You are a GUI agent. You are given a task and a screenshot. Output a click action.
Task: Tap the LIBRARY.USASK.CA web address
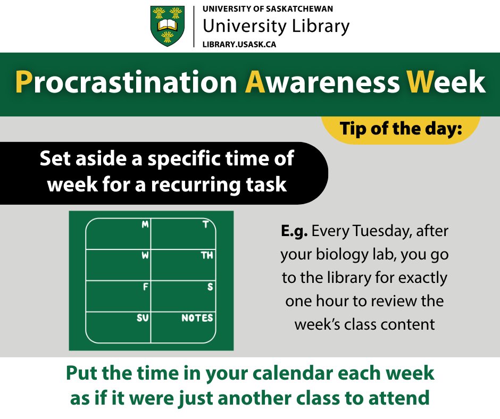coord(239,44)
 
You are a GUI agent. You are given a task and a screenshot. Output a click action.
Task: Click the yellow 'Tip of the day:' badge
coord(401,129)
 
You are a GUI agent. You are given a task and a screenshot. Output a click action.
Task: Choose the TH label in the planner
coord(207,256)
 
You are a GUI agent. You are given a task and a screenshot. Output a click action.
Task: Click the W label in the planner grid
coord(145,256)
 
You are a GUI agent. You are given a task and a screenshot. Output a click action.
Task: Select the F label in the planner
coord(146,287)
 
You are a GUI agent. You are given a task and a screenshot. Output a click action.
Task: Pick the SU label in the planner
coord(143,319)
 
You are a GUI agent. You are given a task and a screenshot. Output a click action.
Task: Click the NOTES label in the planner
coord(197,319)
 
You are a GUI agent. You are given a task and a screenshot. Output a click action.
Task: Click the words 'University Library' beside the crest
coord(276,26)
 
